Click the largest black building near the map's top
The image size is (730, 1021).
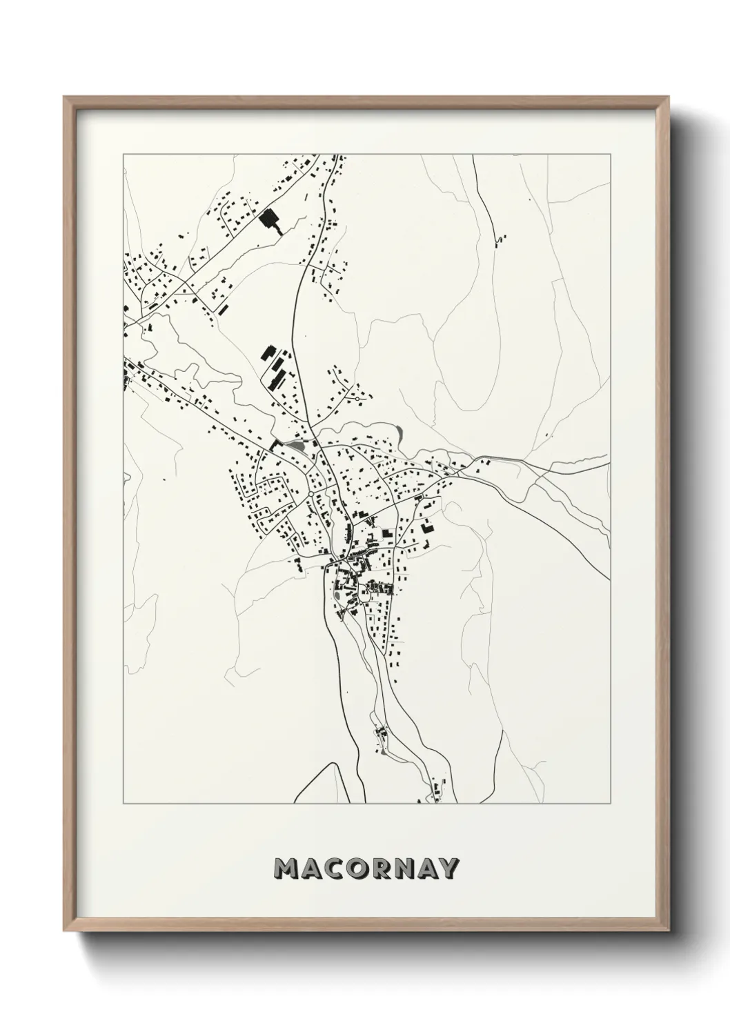point(268,219)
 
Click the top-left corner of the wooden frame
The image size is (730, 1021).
point(65,97)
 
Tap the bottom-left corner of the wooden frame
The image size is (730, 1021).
point(65,934)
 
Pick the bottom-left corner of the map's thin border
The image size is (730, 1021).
point(124,804)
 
